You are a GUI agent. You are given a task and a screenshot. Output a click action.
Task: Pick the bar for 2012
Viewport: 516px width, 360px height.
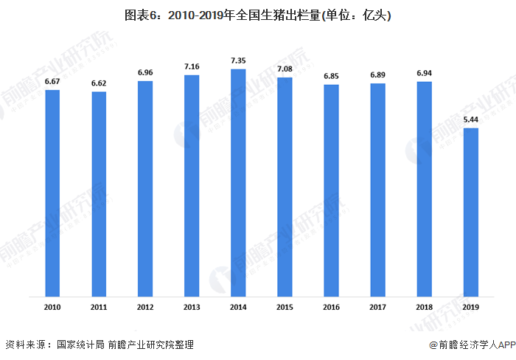click(145, 189)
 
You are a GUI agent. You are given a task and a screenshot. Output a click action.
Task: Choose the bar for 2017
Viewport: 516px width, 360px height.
click(377, 190)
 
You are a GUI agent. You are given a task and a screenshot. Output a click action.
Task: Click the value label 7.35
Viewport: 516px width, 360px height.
click(238, 60)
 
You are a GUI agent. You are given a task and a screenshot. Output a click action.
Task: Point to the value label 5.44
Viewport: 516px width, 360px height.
click(470, 119)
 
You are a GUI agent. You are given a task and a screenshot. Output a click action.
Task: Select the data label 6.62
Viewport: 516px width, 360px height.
click(99, 83)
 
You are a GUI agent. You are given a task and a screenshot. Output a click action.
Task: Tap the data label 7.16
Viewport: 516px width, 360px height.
click(192, 66)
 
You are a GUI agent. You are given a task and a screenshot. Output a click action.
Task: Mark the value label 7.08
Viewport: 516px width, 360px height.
click(285, 69)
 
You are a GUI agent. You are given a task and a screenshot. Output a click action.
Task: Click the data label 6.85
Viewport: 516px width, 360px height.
click(331, 76)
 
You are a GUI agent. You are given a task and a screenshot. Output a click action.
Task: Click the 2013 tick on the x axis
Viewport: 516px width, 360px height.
click(192, 306)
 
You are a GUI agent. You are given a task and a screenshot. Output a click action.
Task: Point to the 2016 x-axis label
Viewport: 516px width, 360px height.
click(331, 306)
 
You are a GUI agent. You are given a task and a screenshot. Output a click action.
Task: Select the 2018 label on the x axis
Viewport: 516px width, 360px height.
click(424, 306)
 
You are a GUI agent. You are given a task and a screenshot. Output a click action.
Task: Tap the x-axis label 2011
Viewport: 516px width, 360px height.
click(99, 306)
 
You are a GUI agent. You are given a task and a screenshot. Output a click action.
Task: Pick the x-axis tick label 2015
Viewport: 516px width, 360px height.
click(285, 306)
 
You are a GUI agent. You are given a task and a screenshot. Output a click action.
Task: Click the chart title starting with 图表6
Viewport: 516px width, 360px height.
click(258, 15)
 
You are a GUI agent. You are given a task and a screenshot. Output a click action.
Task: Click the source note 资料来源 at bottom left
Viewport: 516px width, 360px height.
click(100, 345)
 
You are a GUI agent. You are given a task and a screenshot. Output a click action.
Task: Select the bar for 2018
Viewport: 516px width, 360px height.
click(424, 190)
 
